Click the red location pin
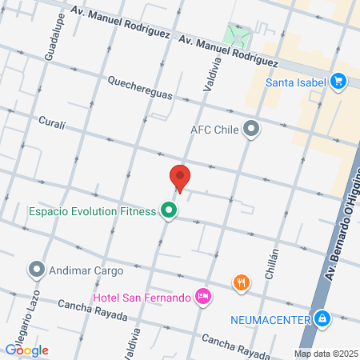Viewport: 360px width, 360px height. coord(180,177)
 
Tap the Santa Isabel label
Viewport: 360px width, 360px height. coord(296,81)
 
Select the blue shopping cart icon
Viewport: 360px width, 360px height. coord(338,81)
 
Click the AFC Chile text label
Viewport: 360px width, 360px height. coord(215,128)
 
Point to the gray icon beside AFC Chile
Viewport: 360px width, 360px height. coord(251,128)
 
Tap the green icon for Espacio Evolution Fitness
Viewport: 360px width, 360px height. coord(168,211)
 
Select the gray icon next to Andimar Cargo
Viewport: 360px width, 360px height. coord(37,270)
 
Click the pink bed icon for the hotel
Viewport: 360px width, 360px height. coord(203,297)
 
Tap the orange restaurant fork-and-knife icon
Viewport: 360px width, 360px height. coord(241,282)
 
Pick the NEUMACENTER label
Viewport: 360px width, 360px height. coord(270,319)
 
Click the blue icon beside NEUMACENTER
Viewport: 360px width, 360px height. coord(322,318)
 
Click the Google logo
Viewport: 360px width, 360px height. coord(27,349)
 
